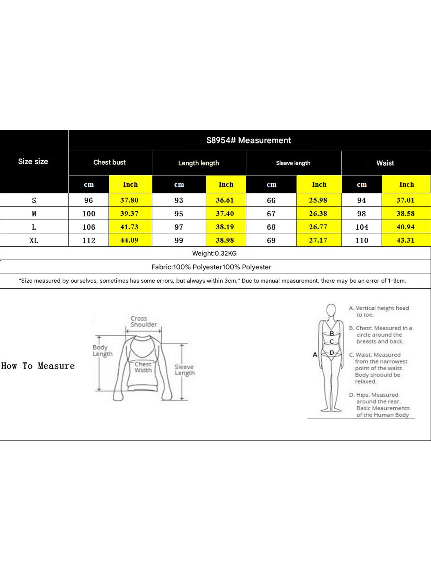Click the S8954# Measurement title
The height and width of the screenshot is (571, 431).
click(249, 140)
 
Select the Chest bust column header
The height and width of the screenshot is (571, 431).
click(109, 162)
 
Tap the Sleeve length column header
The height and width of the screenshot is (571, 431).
click(293, 163)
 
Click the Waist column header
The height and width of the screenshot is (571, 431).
click(385, 163)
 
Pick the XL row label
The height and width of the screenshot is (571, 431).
click(34, 240)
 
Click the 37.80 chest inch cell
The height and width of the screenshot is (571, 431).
click(129, 200)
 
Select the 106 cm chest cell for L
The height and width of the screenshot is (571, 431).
click(89, 227)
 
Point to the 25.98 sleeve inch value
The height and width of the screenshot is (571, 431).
click(318, 200)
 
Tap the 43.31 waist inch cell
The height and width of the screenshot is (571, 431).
click(405, 240)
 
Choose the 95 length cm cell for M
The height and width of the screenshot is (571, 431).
click(179, 214)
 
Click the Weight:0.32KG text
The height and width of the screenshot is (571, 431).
click(214, 253)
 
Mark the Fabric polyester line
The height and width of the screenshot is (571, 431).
click(211, 267)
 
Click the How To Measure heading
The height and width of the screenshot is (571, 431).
click(38, 366)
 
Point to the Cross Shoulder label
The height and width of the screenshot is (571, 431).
click(143, 322)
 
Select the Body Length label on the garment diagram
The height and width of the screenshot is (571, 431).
click(102, 351)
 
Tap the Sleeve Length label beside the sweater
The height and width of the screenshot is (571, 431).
click(185, 370)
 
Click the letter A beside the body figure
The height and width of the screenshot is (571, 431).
click(315, 355)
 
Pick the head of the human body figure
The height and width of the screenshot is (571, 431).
click(331, 310)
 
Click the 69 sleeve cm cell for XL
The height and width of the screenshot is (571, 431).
click(271, 240)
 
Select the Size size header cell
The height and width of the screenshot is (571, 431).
click(33, 161)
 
